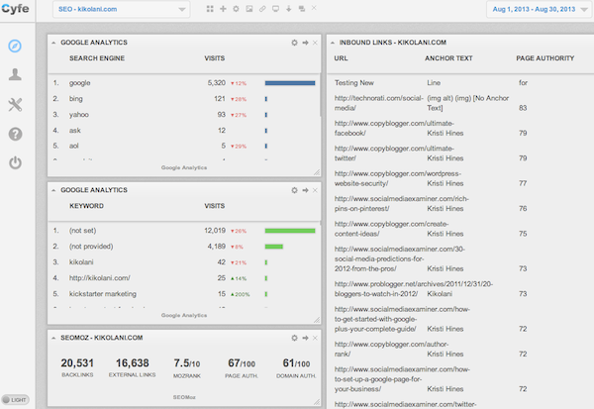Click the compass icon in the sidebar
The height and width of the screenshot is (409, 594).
click(15, 47)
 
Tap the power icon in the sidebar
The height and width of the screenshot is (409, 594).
click(15, 162)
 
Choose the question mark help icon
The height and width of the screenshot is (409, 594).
click(15, 134)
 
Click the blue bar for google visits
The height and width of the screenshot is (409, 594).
click(290, 83)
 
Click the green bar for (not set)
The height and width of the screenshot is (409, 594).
click(290, 231)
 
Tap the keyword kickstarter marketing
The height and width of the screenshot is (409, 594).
click(102, 294)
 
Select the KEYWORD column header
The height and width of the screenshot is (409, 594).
click(86, 206)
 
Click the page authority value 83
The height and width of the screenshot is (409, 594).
click(522, 107)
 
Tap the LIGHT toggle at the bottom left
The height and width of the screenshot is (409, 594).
click(16, 398)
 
